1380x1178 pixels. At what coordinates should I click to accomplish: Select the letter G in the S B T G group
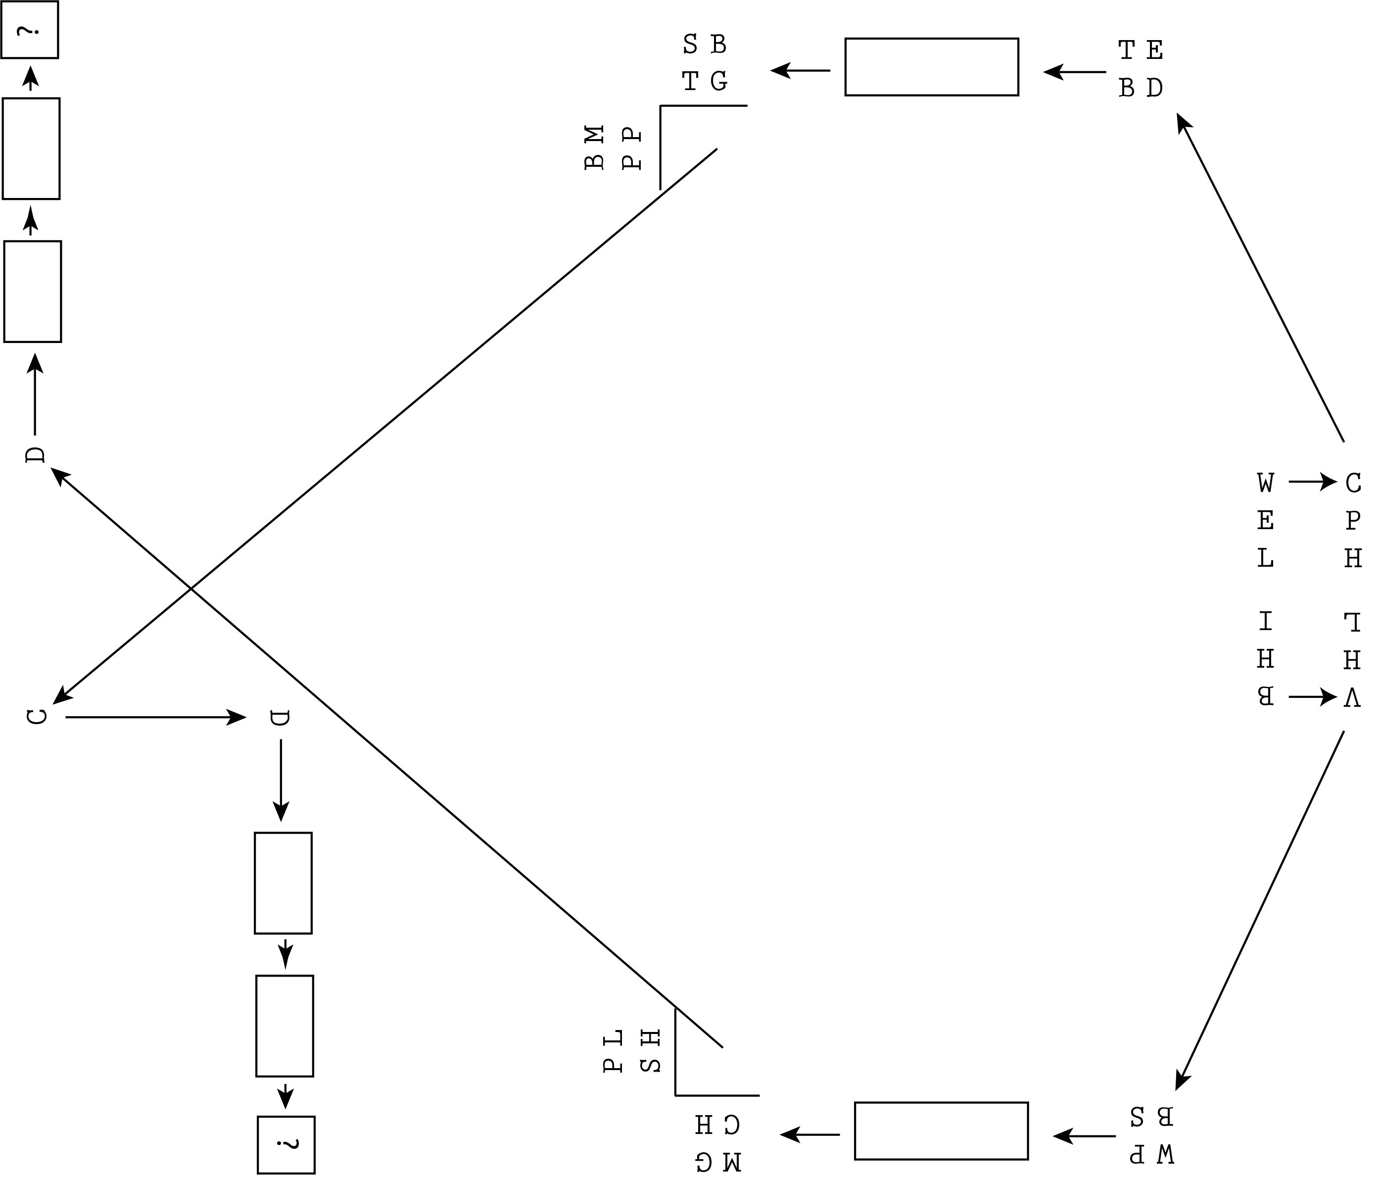coord(718,81)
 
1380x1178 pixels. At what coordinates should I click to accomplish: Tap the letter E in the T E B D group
coord(1155,50)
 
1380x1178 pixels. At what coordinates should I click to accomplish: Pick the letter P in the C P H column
coord(1353,520)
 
